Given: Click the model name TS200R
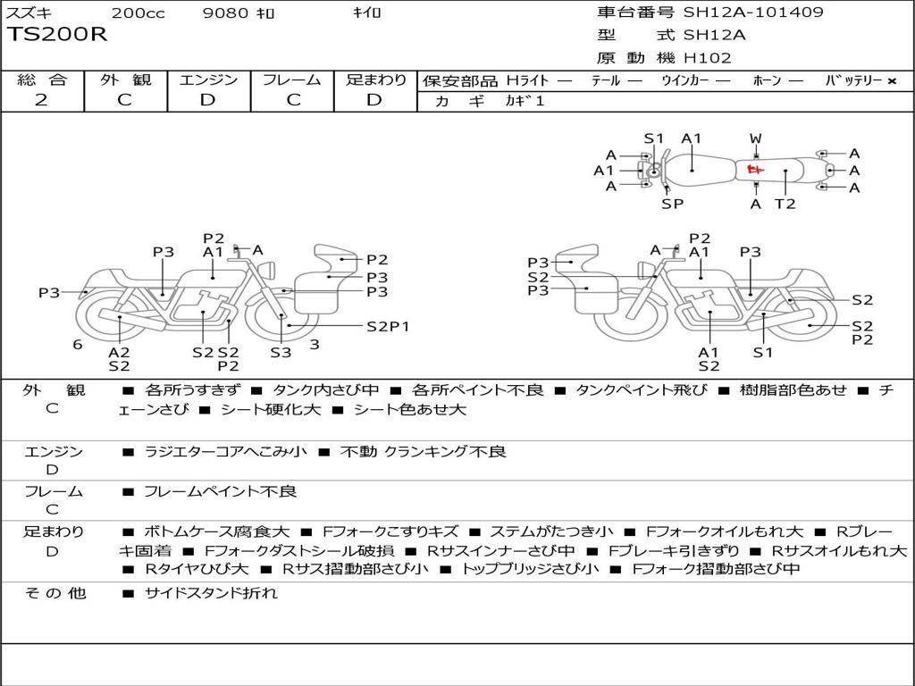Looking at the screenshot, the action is [x=57, y=35].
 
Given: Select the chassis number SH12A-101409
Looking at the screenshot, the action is [x=753, y=13].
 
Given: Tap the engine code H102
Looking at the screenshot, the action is [x=707, y=58].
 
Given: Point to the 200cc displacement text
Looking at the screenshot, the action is [x=138, y=13].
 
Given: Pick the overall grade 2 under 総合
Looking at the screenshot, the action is [x=41, y=100].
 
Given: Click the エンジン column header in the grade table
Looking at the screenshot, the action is [x=208, y=79].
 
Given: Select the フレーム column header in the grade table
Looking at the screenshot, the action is [x=292, y=79].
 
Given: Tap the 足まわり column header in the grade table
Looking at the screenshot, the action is [x=376, y=79].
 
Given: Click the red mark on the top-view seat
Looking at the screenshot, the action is [x=755, y=170].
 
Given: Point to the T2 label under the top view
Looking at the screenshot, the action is [x=785, y=204].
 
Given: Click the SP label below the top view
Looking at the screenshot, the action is [x=672, y=204].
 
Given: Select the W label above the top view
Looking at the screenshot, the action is [x=756, y=138].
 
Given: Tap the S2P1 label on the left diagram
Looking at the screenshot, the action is [x=388, y=326].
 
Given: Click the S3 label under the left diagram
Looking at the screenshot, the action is [x=281, y=353].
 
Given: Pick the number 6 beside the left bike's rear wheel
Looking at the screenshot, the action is [x=78, y=344].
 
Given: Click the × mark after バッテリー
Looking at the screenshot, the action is [x=891, y=80].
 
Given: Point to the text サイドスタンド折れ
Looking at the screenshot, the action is [x=211, y=593].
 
